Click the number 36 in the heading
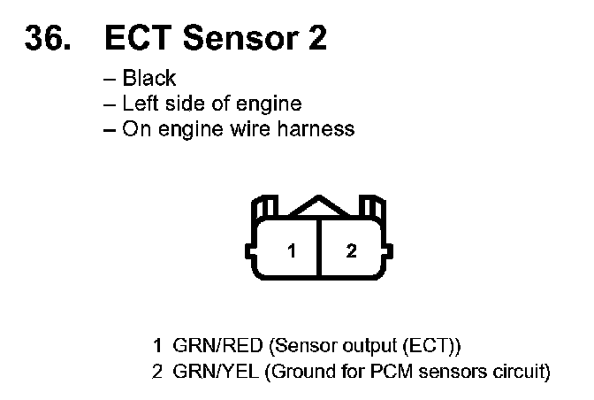click(x=45, y=38)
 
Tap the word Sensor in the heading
click(x=238, y=38)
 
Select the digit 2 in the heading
click(x=313, y=38)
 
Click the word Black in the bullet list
click(x=148, y=78)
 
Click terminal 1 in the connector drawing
click(x=291, y=250)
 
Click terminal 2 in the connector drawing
click(x=351, y=250)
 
